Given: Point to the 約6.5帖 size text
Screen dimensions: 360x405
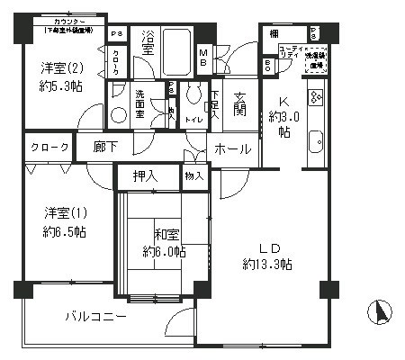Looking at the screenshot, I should point(66,231).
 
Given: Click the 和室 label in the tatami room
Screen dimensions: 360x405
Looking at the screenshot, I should point(165,235).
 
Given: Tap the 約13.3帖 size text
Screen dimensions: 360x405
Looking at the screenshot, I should point(265,263).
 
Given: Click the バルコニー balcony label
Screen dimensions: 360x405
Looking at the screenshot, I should point(95,317).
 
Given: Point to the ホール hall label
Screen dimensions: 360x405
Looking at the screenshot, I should point(233,149).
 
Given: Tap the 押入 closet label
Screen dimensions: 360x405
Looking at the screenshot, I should point(146,175).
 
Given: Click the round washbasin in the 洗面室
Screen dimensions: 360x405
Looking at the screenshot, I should point(118,115).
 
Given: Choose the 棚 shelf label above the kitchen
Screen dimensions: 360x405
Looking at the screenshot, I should point(273,33).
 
